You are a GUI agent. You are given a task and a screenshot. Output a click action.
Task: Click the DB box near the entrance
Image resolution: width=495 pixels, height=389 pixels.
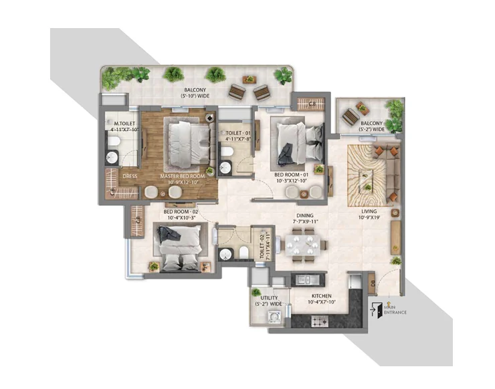[x=373, y=283]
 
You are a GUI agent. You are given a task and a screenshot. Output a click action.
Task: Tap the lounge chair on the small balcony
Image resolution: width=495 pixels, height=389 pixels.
[x=351, y=116]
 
